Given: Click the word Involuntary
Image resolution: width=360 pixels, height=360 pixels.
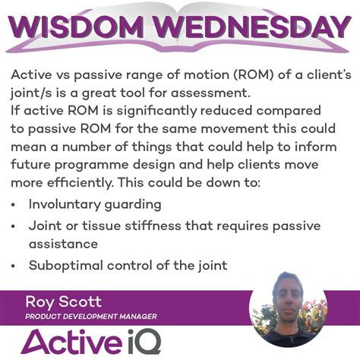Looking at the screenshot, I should click(64, 204).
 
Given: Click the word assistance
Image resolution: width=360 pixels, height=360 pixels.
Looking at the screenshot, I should click(64, 243).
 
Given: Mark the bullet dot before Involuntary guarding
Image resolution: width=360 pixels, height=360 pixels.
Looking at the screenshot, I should click(17, 205).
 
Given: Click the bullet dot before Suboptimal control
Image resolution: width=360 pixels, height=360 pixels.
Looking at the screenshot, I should click(17, 265).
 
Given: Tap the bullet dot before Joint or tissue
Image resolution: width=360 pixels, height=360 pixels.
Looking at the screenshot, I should click(17, 226).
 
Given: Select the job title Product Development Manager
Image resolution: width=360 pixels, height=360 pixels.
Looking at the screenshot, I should click(91, 316).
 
